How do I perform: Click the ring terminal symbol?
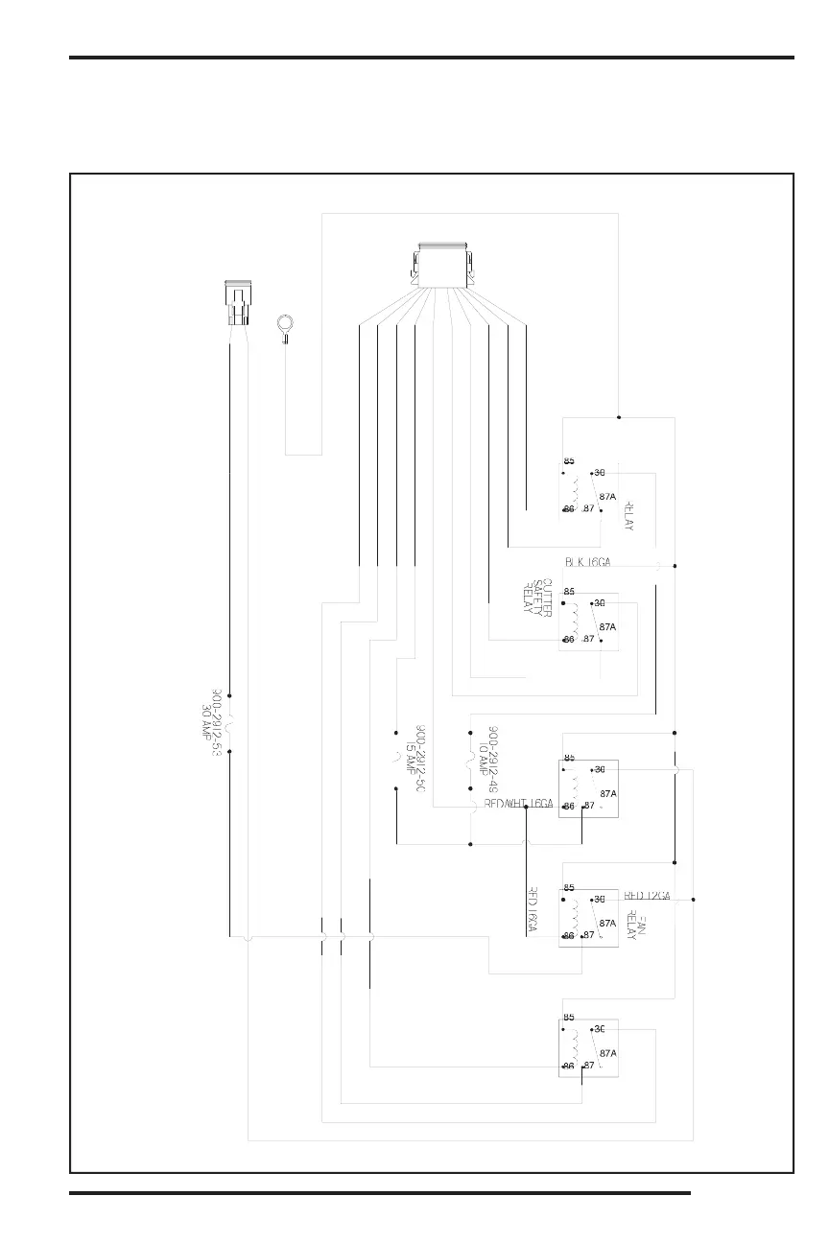pyautogui.click(x=285, y=326)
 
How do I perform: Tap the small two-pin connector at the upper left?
pyautogui.click(x=236, y=303)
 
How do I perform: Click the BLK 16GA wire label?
pyautogui.click(x=587, y=563)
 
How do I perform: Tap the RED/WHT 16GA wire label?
pyautogui.click(x=519, y=804)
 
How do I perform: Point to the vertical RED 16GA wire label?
pyautogui.click(x=532, y=909)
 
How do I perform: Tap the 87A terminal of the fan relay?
pyautogui.click(x=606, y=923)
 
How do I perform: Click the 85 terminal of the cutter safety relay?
pyautogui.click(x=569, y=592)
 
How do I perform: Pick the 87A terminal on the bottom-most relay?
pyautogui.click(x=606, y=1052)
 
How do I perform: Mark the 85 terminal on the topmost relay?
pyautogui.click(x=569, y=461)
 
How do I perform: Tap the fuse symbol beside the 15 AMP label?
pyautogui.click(x=396, y=761)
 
